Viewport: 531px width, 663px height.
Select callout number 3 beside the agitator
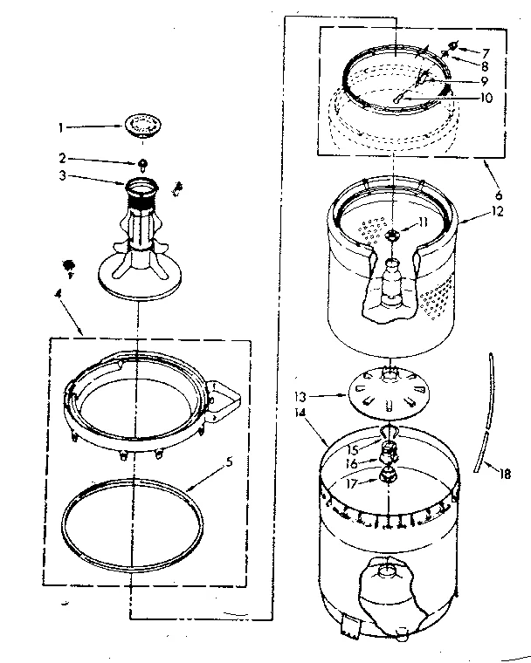point(62,175)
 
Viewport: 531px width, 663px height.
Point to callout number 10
point(486,98)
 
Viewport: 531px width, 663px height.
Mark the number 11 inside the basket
point(422,222)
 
